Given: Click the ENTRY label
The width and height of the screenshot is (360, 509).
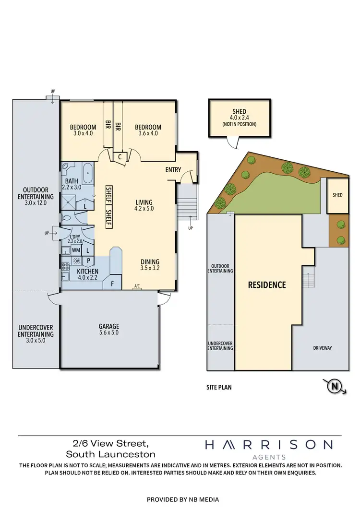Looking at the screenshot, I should (173, 170).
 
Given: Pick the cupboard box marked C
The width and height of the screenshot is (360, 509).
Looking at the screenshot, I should (119, 156).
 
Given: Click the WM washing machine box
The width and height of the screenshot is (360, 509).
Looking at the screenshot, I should (75, 250).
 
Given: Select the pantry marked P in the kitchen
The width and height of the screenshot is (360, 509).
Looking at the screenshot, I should (88, 261).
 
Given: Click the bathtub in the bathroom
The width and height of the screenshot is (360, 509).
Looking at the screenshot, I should (88, 174).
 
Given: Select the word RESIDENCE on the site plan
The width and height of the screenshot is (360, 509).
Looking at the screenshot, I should (266, 284).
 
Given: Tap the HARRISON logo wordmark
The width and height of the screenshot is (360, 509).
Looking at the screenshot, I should (268, 445).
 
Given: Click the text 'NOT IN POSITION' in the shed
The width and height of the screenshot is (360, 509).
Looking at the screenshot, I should (239, 124).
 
